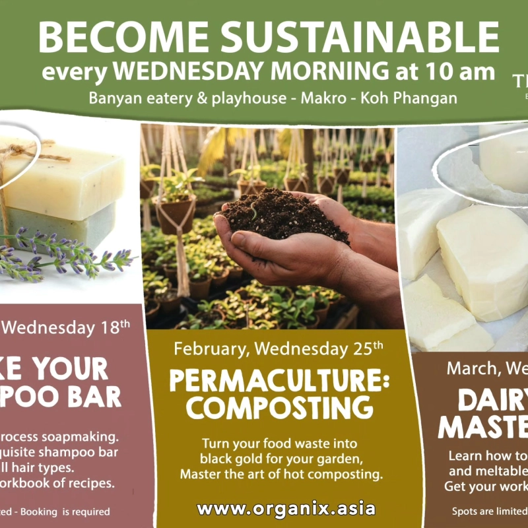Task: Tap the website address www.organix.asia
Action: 286,509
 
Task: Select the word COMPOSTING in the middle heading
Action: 280,408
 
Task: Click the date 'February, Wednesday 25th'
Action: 279,347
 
